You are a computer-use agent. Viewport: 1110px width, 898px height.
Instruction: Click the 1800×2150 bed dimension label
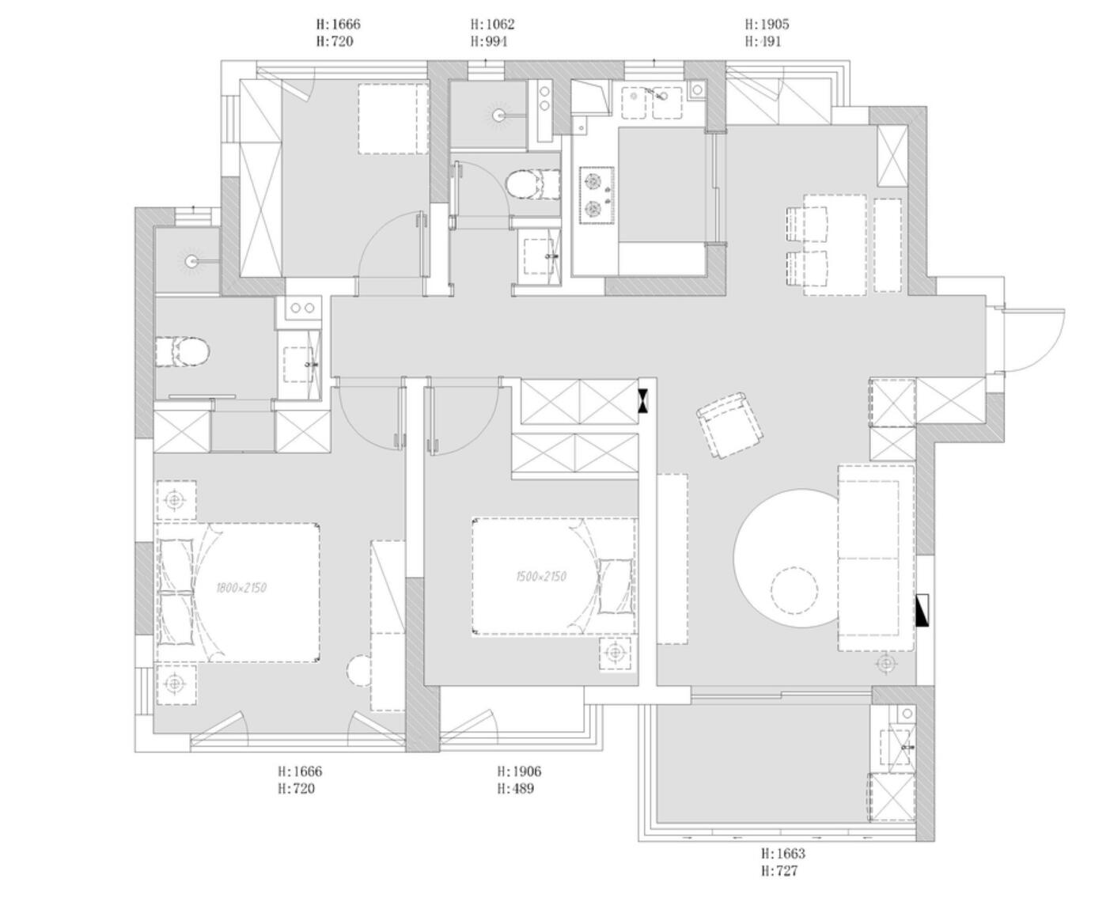pyautogui.click(x=241, y=588)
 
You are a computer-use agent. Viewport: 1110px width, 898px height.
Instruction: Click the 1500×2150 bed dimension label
pyautogui.click(x=541, y=577)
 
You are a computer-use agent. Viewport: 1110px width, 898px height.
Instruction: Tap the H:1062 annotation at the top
pyautogui.click(x=492, y=25)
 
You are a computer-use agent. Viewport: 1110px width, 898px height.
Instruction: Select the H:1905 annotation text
pyautogui.click(x=767, y=24)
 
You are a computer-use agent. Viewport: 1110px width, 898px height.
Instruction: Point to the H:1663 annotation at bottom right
pyautogui.click(x=782, y=854)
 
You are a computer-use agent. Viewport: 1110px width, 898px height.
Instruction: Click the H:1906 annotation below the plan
pyautogui.click(x=519, y=771)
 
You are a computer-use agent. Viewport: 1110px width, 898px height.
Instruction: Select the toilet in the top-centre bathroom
pyautogui.click(x=523, y=184)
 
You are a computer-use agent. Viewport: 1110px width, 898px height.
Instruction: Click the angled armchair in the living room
pyautogui.click(x=729, y=425)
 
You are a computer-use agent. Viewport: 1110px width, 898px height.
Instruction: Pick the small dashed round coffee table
pyautogui.click(x=794, y=590)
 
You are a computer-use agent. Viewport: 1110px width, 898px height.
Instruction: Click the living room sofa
pyautogui.click(x=876, y=557)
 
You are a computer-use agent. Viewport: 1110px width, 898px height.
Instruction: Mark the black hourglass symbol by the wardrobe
pyautogui.click(x=646, y=400)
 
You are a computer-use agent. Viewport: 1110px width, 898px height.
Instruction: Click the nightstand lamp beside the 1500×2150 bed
pyautogui.click(x=616, y=654)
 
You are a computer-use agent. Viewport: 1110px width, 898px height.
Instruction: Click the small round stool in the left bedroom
pyautogui.click(x=360, y=671)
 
